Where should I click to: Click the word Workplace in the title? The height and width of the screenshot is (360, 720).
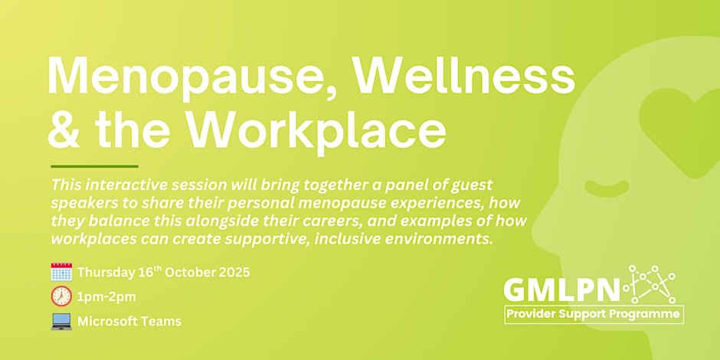(x=316, y=130)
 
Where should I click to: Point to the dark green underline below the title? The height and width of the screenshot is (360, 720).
(x=94, y=166)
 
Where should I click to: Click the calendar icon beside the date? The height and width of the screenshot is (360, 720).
(x=61, y=272)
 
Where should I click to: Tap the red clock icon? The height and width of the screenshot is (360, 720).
(x=61, y=296)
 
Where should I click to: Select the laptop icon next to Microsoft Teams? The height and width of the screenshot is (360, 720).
(x=61, y=322)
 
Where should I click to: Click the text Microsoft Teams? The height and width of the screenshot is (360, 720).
(x=129, y=322)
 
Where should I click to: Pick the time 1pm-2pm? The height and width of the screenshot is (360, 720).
(x=106, y=297)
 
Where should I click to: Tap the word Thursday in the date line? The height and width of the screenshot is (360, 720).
(x=106, y=273)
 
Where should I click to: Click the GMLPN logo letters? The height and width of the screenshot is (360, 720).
(x=562, y=290)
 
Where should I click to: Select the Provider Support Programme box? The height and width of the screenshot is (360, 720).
(x=594, y=315)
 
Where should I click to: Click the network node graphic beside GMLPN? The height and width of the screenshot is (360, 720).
(x=650, y=283)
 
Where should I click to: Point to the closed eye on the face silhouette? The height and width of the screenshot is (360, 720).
(x=607, y=187)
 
